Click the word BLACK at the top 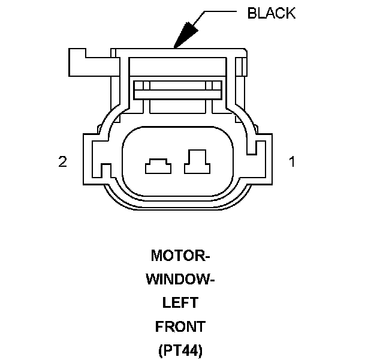[271, 13]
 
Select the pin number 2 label [62, 161]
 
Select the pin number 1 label [292, 161]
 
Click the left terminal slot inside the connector [156, 166]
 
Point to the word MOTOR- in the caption [180, 256]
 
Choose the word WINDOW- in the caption [180, 280]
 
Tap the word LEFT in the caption [180, 303]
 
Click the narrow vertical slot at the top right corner [241, 67]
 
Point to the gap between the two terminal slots [177, 164]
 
